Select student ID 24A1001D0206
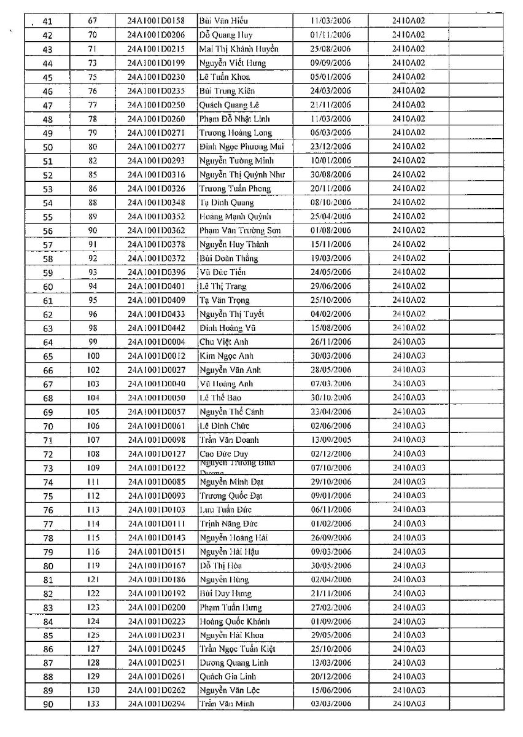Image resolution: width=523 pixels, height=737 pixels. click(156, 35)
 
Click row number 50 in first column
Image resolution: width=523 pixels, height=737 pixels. click(48, 147)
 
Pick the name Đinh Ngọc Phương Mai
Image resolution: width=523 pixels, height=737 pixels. click(241, 147)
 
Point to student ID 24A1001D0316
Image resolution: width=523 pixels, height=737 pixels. click(156, 174)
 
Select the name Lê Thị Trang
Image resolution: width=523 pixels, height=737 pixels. click(223, 286)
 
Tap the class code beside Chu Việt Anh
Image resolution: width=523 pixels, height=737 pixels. click(409, 342)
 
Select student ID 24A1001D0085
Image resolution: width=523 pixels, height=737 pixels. click(156, 482)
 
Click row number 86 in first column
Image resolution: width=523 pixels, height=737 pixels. click(48, 649)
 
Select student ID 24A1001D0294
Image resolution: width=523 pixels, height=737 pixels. click(156, 704)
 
